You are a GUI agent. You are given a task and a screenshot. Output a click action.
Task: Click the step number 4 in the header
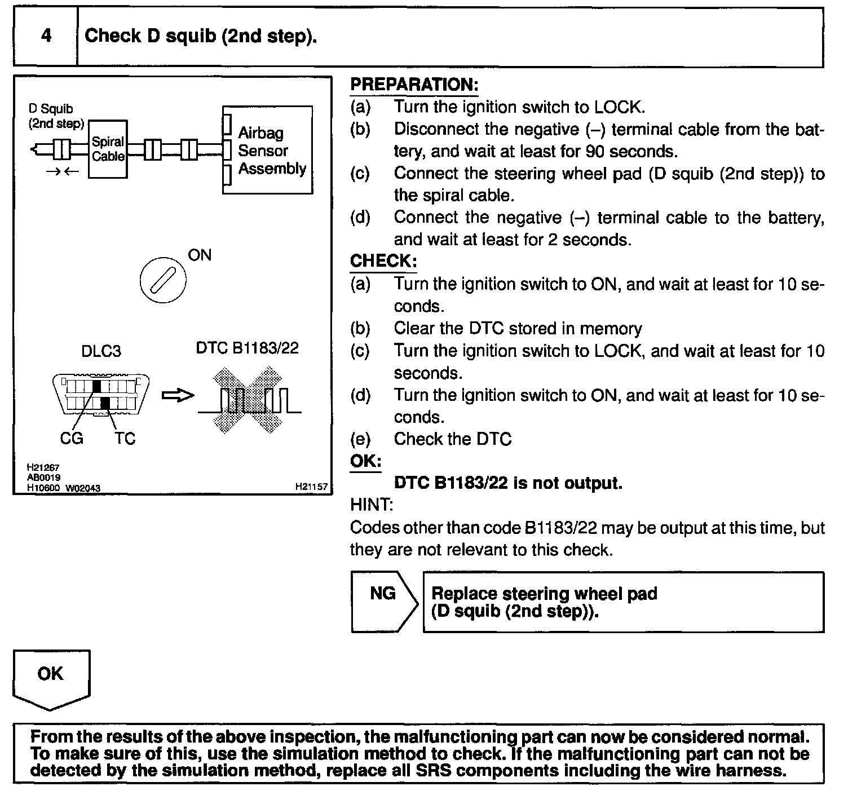click(46, 36)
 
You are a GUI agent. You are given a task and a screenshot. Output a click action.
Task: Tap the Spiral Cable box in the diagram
click(108, 149)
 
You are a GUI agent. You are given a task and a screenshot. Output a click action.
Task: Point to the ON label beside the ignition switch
click(200, 255)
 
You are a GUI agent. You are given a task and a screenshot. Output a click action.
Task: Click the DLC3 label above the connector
click(101, 351)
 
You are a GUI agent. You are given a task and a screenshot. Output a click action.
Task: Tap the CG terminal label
click(72, 438)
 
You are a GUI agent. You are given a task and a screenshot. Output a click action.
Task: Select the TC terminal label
click(125, 438)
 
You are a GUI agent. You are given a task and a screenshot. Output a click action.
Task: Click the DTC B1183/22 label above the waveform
click(247, 348)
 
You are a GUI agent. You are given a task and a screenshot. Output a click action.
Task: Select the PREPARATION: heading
click(414, 85)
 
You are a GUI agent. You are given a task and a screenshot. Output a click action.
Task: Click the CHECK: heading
click(383, 261)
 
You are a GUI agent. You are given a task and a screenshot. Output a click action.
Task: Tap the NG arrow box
click(383, 601)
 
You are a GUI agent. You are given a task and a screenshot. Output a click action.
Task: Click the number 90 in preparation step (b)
click(595, 151)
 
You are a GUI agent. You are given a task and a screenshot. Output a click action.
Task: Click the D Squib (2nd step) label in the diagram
click(55, 116)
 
